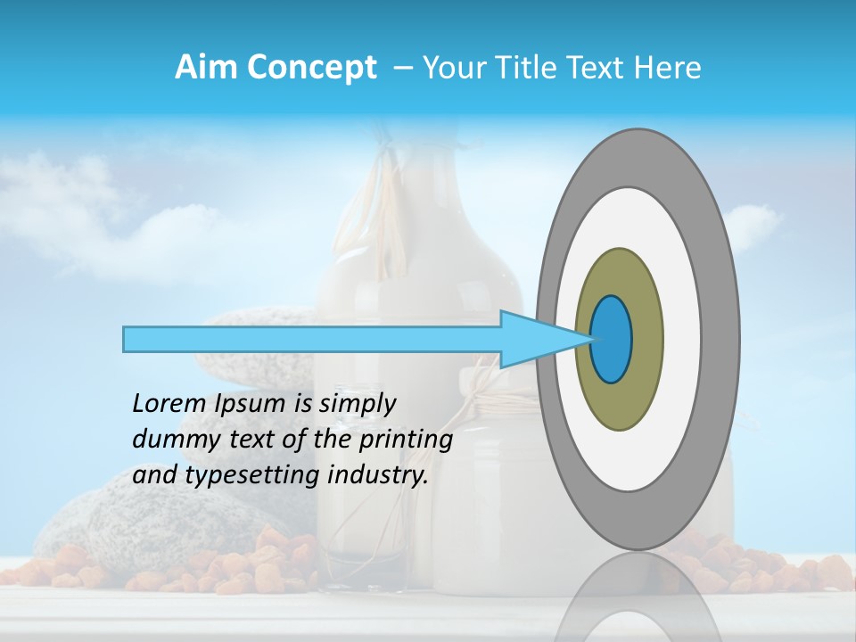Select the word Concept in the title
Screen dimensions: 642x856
(312, 69)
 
